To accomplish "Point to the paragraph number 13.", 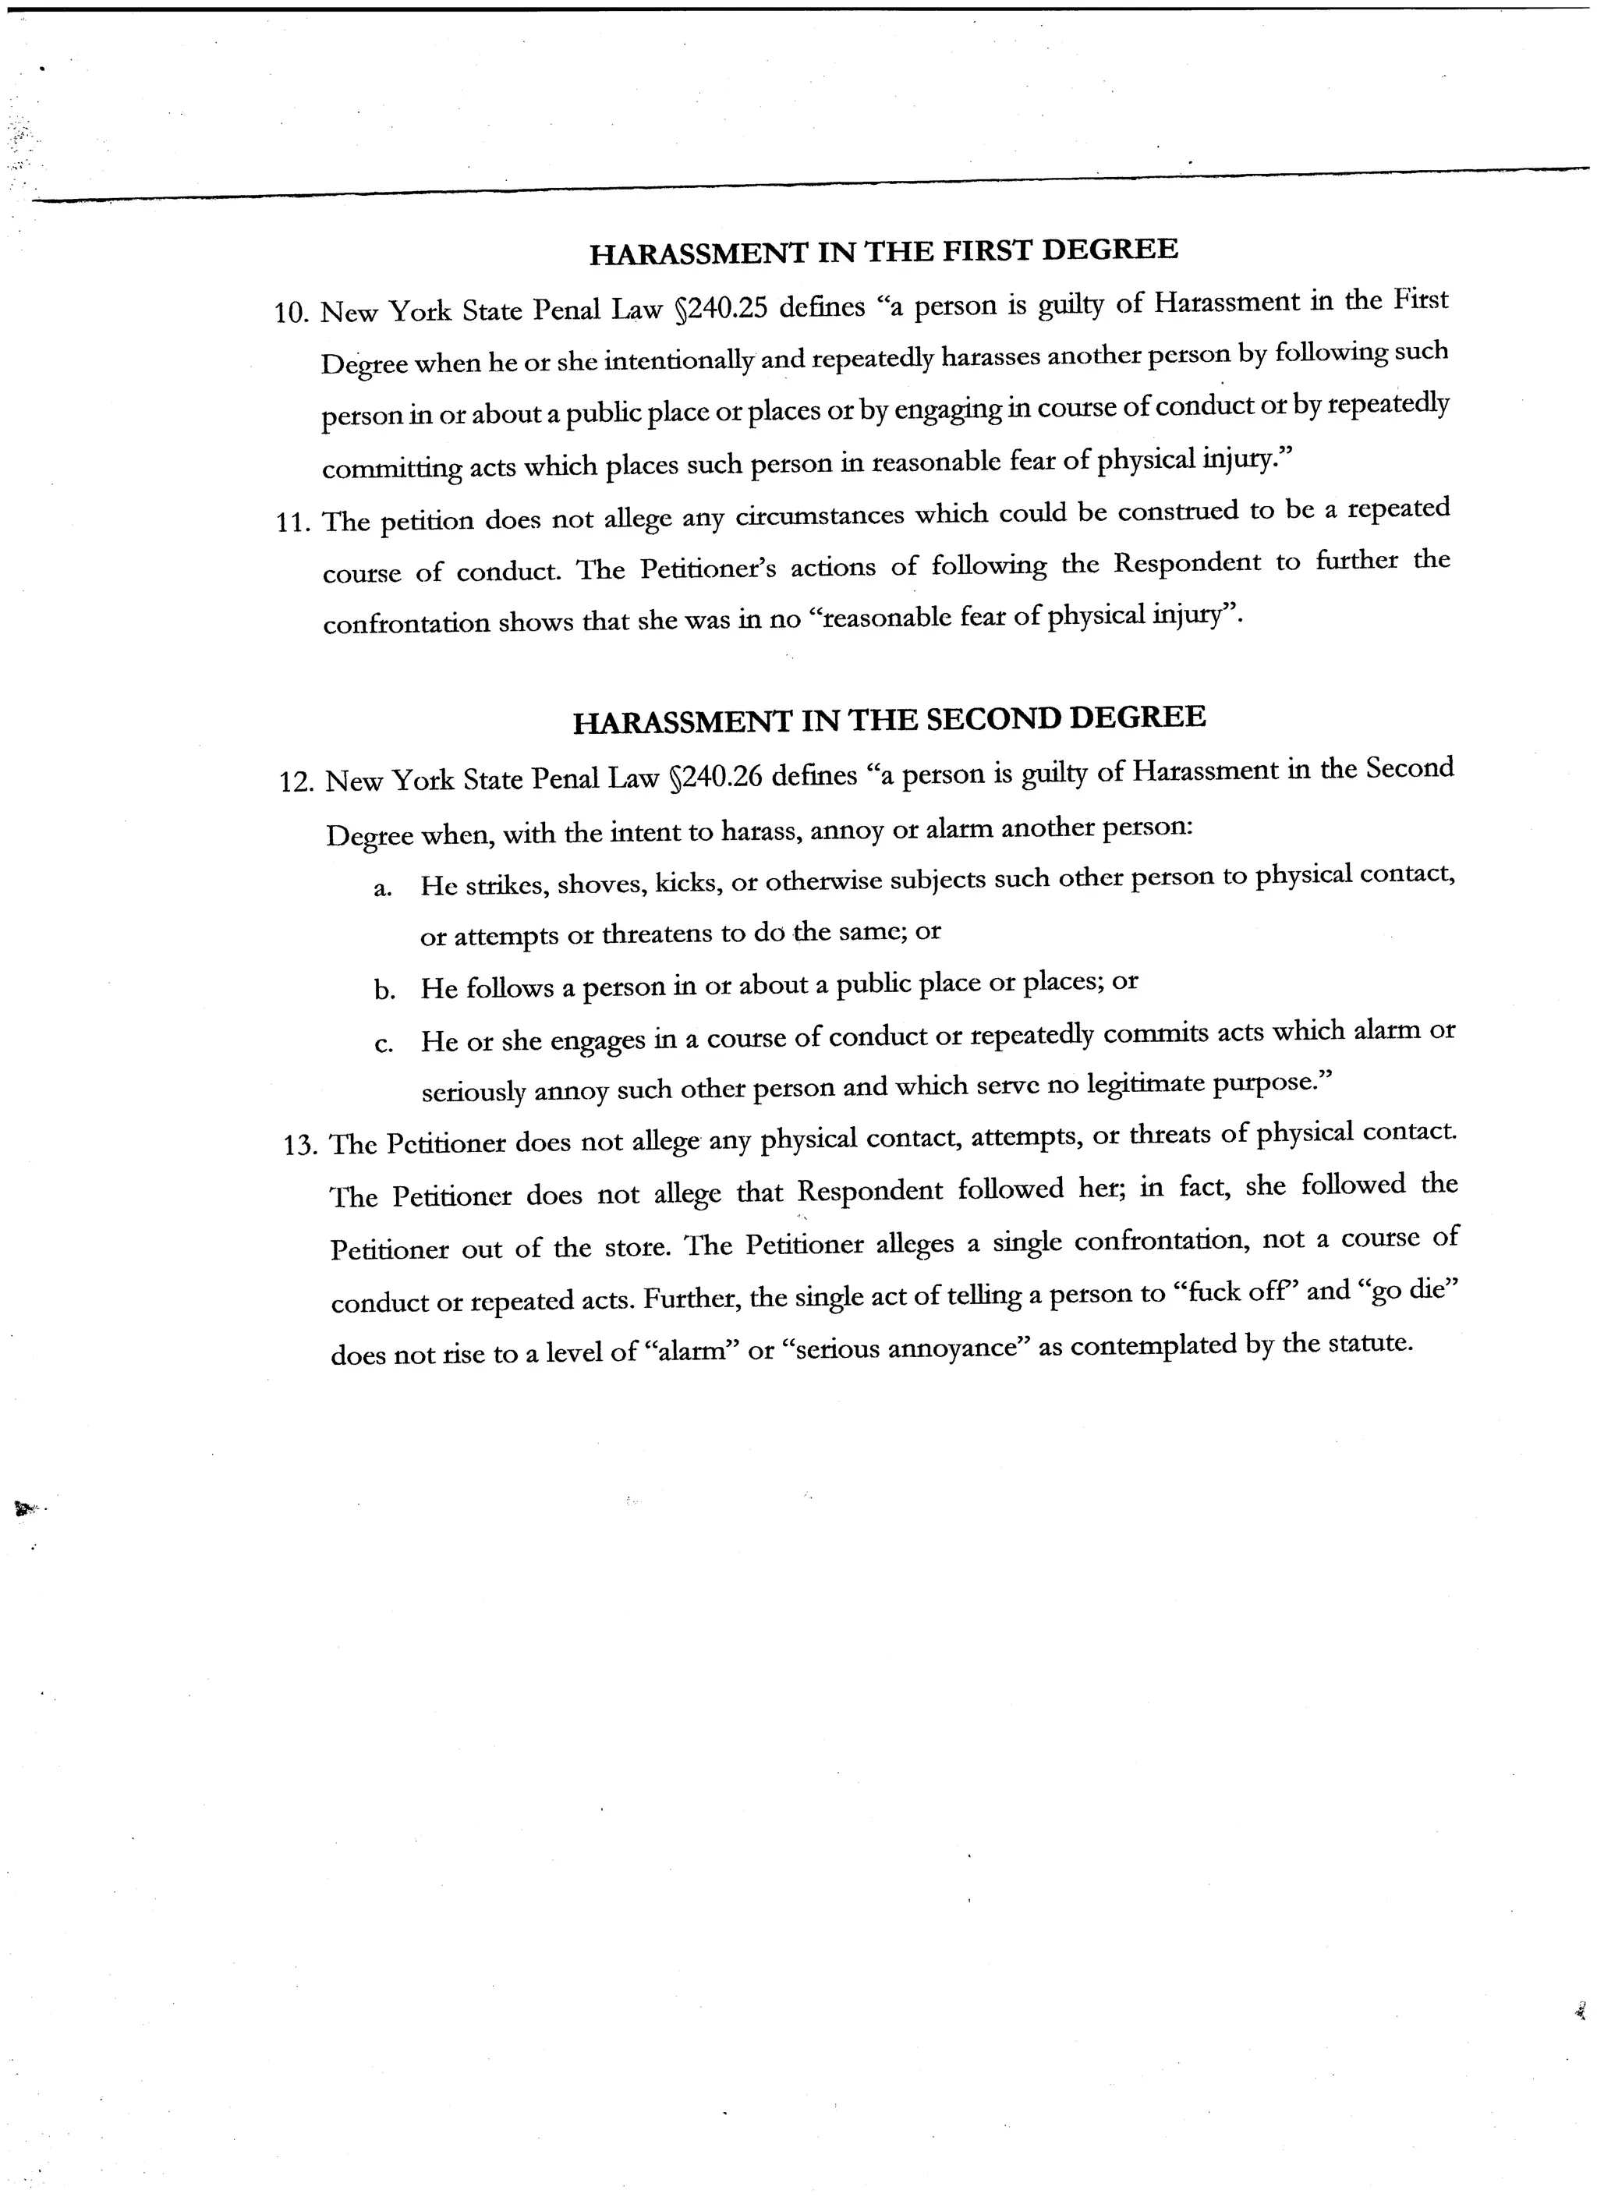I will pyautogui.click(x=299, y=1146).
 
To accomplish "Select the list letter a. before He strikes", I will pyautogui.click(x=383, y=889).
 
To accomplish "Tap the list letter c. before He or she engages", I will pyautogui.click(x=384, y=1044).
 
